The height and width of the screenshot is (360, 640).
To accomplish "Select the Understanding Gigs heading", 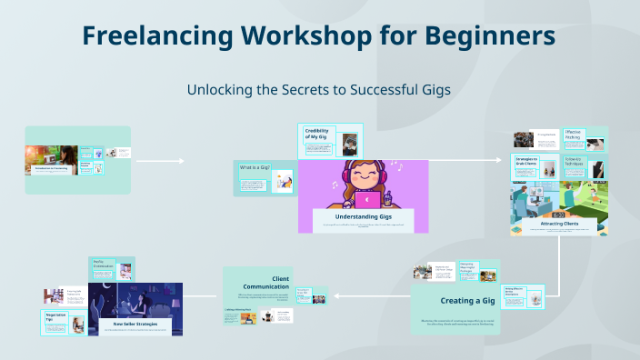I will (x=364, y=217).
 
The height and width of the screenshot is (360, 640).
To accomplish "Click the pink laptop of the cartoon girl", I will (x=368, y=199).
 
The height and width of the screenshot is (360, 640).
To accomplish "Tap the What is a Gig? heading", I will (x=254, y=168).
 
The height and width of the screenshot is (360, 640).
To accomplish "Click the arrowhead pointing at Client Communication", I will (x=335, y=295).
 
